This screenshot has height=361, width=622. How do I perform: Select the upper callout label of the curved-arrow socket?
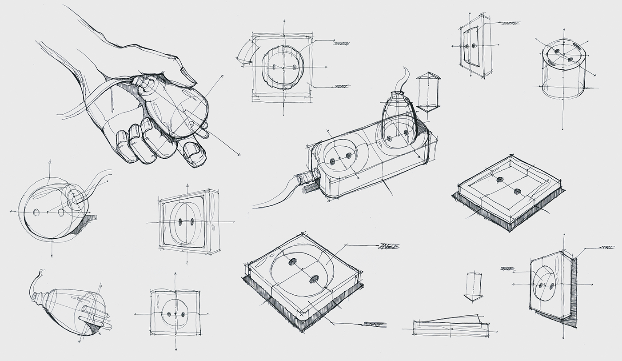(x=341, y=43)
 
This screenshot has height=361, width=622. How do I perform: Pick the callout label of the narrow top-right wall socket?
(x=510, y=23)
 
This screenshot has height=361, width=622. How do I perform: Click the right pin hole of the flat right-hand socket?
(x=517, y=192)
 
